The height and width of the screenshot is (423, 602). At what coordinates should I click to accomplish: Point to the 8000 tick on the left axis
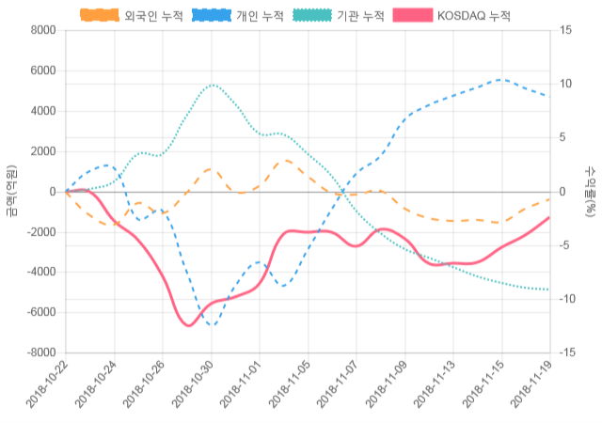[x=42, y=30]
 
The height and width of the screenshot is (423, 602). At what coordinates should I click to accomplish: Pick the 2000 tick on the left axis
[x=42, y=151]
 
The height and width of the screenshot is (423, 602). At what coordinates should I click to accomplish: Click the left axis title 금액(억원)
[x=10, y=191]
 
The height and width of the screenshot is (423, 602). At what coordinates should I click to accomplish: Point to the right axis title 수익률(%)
[x=591, y=191]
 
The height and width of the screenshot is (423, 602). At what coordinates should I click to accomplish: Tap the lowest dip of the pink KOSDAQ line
[x=188, y=325]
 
